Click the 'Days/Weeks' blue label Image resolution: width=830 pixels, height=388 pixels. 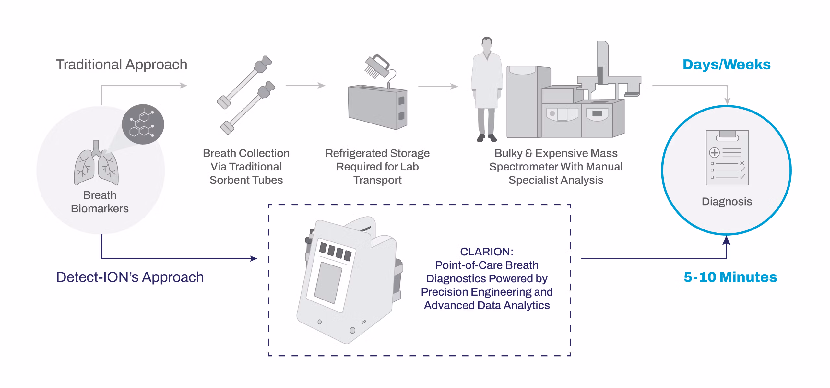[x=726, y=65]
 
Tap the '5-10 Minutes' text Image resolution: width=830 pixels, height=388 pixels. [x=730, y=277]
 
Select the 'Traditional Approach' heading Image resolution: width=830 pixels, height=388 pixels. [x=122, y=65]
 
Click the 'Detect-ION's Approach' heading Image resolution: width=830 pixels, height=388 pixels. [x=130, y=277]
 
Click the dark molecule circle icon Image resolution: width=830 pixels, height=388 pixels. [x=143, y=124]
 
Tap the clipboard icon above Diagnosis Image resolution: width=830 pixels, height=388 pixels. [x=727, y=158]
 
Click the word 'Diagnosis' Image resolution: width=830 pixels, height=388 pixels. [x=727, y=202]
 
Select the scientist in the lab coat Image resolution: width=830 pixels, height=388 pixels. [x=486, y=89]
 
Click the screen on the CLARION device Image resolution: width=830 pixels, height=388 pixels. [x=328, y=283]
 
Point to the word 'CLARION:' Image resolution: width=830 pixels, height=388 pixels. [x=486, y=252]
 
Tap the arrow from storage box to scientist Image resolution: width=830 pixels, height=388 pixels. [x=438, y=87]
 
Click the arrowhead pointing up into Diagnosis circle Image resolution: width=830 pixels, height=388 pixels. [x=727, y=240]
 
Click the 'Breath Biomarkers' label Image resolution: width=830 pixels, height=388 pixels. [x=100, y=202]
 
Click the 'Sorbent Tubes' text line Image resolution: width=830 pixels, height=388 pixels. [x=246, y=180]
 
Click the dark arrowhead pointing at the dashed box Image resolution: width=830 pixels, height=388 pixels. [x=254, y=258]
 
